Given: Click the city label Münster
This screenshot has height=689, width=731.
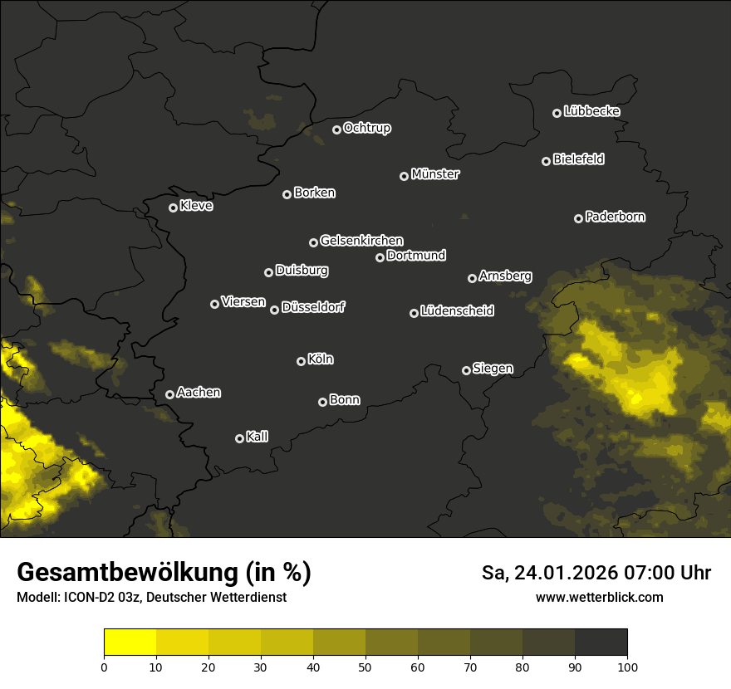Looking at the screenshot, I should pyautogui.click(x=435, y=174).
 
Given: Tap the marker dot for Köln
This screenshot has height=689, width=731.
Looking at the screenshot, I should pyautogui.click(x=301, y=361).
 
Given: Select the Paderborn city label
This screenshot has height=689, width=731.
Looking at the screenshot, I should pyautogui.click(x=616, y=217).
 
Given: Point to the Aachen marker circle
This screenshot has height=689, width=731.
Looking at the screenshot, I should pyautogui.click(x=169, y=394).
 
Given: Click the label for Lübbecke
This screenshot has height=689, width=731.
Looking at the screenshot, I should pyautogui.click(x=591, y=111).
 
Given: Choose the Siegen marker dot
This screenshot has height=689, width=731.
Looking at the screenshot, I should pyautogui.click(x=466, y=370).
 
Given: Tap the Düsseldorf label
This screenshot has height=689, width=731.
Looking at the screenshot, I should pyautogui.click(x=313, y=307).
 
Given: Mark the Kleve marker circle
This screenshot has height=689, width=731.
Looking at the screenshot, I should pyautogui.click(x=173, y=208).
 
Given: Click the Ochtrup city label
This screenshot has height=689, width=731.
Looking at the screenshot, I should pyautogui.click(x=367, y=128).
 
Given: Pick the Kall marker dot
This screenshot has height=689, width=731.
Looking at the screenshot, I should pyautogui.click(x=239, y=438).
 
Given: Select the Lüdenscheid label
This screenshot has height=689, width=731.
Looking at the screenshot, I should pyautogui.click(x=457, y=311).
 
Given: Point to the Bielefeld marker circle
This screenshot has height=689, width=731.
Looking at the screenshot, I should pyautogui.click(x=546, y=161).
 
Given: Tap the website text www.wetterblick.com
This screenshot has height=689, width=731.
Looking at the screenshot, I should pyautogui.click(x=600, y=597).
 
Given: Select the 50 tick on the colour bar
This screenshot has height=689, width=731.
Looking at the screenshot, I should pyautogui.click(x=365, y=666).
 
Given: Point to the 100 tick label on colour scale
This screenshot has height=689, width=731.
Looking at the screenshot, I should pyautogui.click(x=627, y=666).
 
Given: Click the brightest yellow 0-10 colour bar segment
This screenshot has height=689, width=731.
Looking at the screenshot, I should pyautogui.click(x=130, y=642).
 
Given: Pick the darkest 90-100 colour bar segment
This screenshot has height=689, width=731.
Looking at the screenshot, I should pyautogui.click(x=601, y=642).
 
